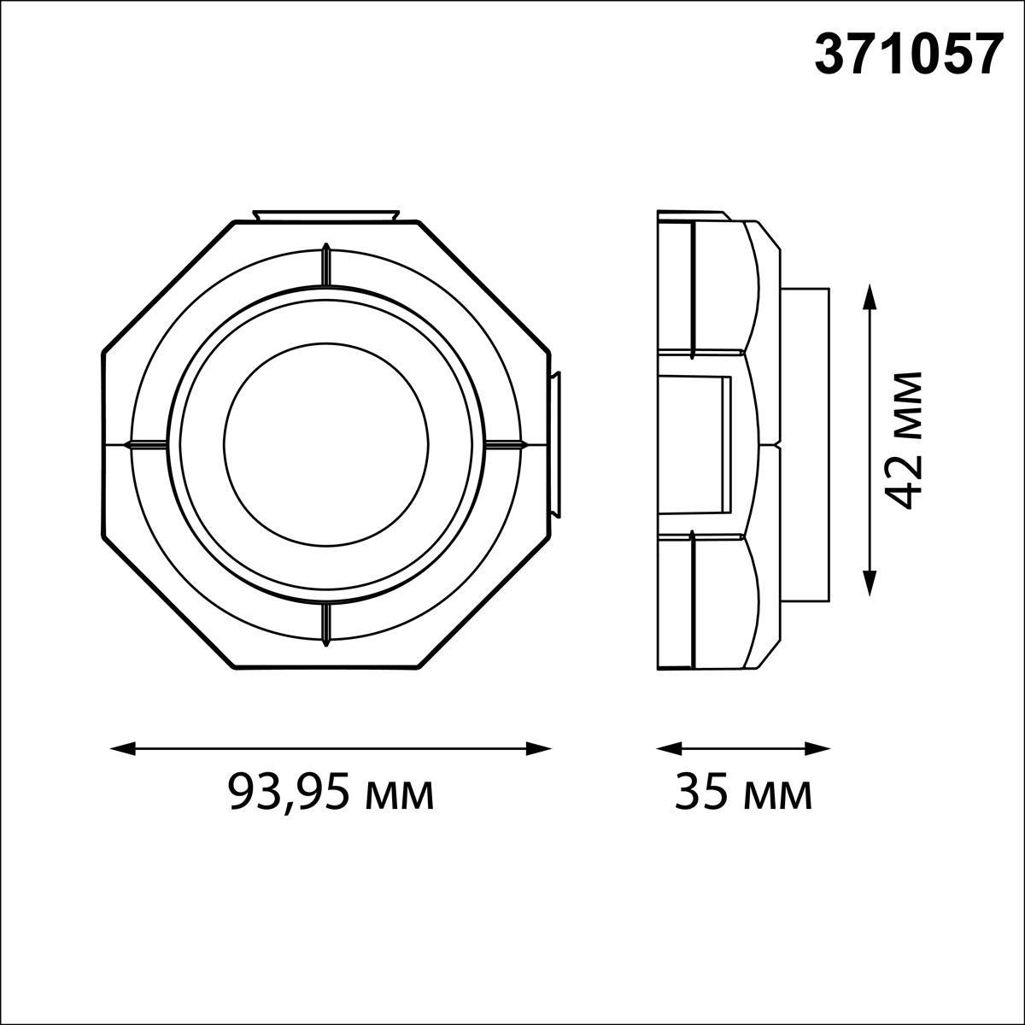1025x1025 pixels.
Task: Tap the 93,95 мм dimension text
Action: coord(331,794)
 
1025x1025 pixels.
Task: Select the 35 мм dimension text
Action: coord(743,794)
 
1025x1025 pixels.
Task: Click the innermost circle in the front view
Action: coord(325,444)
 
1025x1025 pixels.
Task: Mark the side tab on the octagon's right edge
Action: coord(555,444)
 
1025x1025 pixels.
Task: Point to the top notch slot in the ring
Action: coord(325,266)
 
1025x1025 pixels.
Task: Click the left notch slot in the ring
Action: coord(147,444)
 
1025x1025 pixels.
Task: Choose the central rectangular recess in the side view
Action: coord(696,444)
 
